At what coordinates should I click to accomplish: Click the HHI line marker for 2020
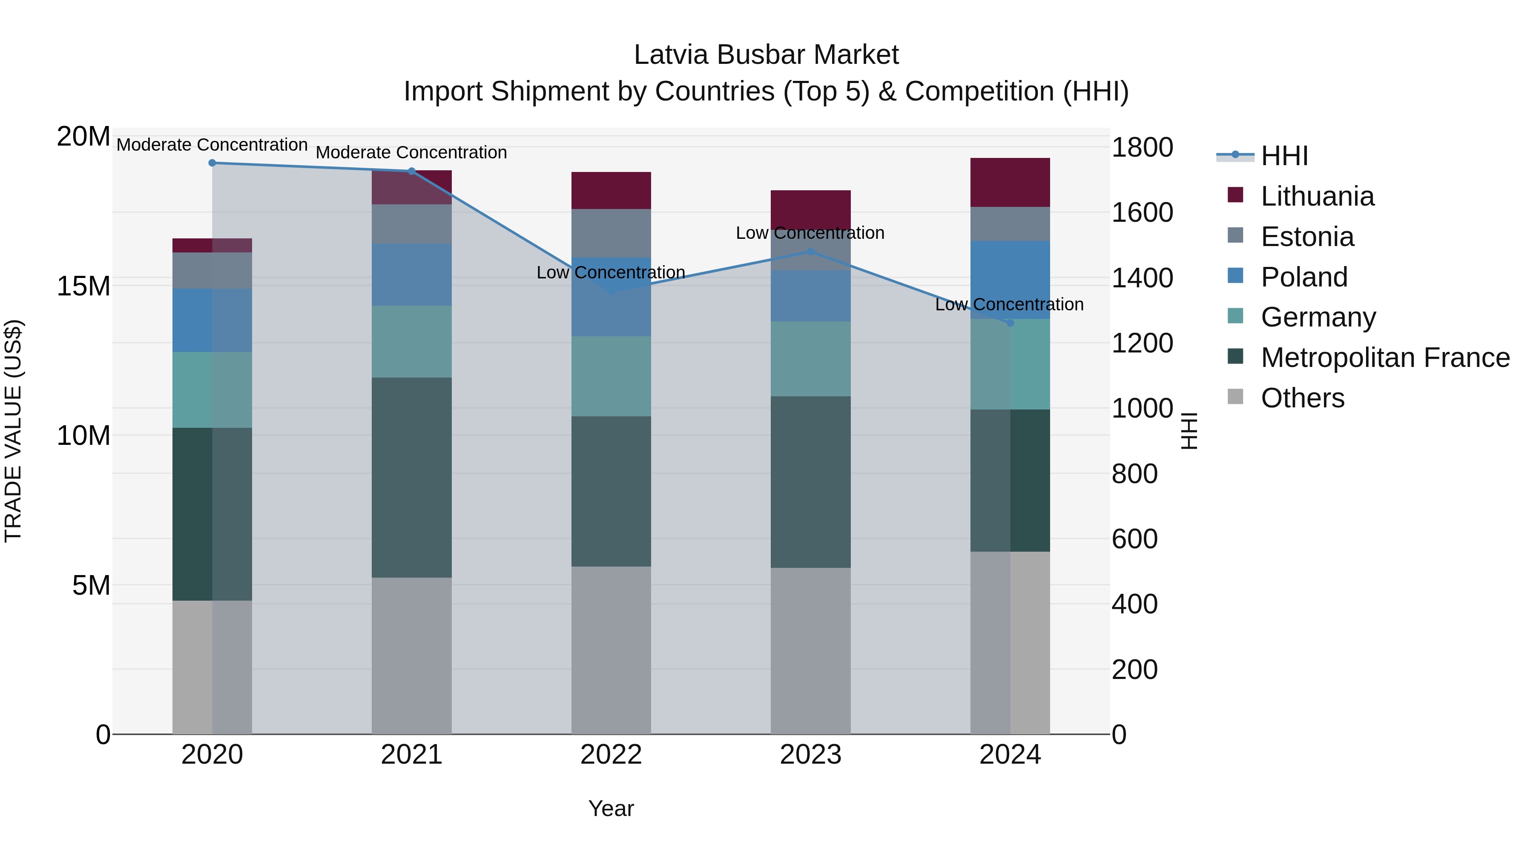[212, 163]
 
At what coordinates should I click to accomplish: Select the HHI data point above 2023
[810, 251]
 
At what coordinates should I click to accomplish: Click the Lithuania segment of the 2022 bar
[611, 190]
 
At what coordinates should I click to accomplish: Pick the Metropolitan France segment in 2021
[411, 477]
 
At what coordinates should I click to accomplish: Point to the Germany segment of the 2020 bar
[212, 389]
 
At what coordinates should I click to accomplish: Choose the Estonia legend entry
[1307, 237]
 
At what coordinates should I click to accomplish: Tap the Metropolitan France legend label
[1385, 358]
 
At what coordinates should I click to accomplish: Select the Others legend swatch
[1235, 397]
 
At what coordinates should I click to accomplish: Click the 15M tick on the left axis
[83, 286]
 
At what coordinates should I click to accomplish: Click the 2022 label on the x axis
[611, 755]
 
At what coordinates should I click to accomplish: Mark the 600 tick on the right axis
[1134, 538]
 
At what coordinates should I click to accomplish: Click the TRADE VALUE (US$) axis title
[13, 431]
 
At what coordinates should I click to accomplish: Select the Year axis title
[611, 808]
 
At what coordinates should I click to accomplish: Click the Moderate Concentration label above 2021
[411, 152]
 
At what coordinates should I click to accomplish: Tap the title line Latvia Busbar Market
[766, 55]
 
